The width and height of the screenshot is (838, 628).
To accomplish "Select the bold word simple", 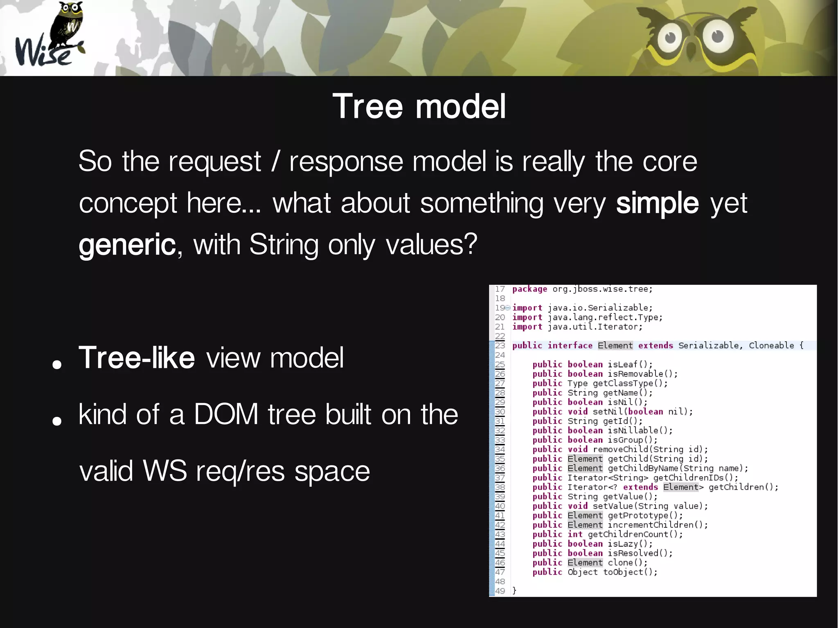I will point(657,203).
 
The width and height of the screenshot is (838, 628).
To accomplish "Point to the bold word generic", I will point(127,245).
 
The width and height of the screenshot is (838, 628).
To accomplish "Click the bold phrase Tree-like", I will point(137,358).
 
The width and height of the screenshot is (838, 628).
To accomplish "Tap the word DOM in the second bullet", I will point(226,414).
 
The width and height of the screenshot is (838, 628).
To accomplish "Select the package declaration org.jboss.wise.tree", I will point(602,289).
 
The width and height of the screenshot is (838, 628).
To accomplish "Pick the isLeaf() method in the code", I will point(630,365).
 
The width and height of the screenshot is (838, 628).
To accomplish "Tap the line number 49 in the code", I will point(500,591).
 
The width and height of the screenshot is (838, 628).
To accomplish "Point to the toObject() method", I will point(630,572).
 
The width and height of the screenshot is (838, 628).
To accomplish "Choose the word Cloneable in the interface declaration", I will point(771,346).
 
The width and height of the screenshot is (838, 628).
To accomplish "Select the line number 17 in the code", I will point(500,289).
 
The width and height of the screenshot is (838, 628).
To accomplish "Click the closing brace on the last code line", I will point(515,591).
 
